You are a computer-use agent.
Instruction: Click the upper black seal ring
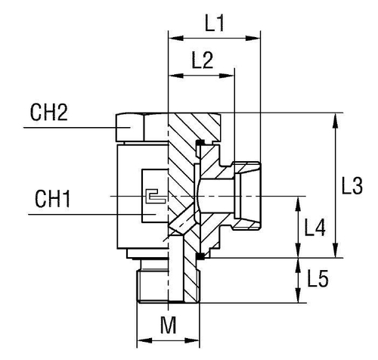[x=199, y=143]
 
